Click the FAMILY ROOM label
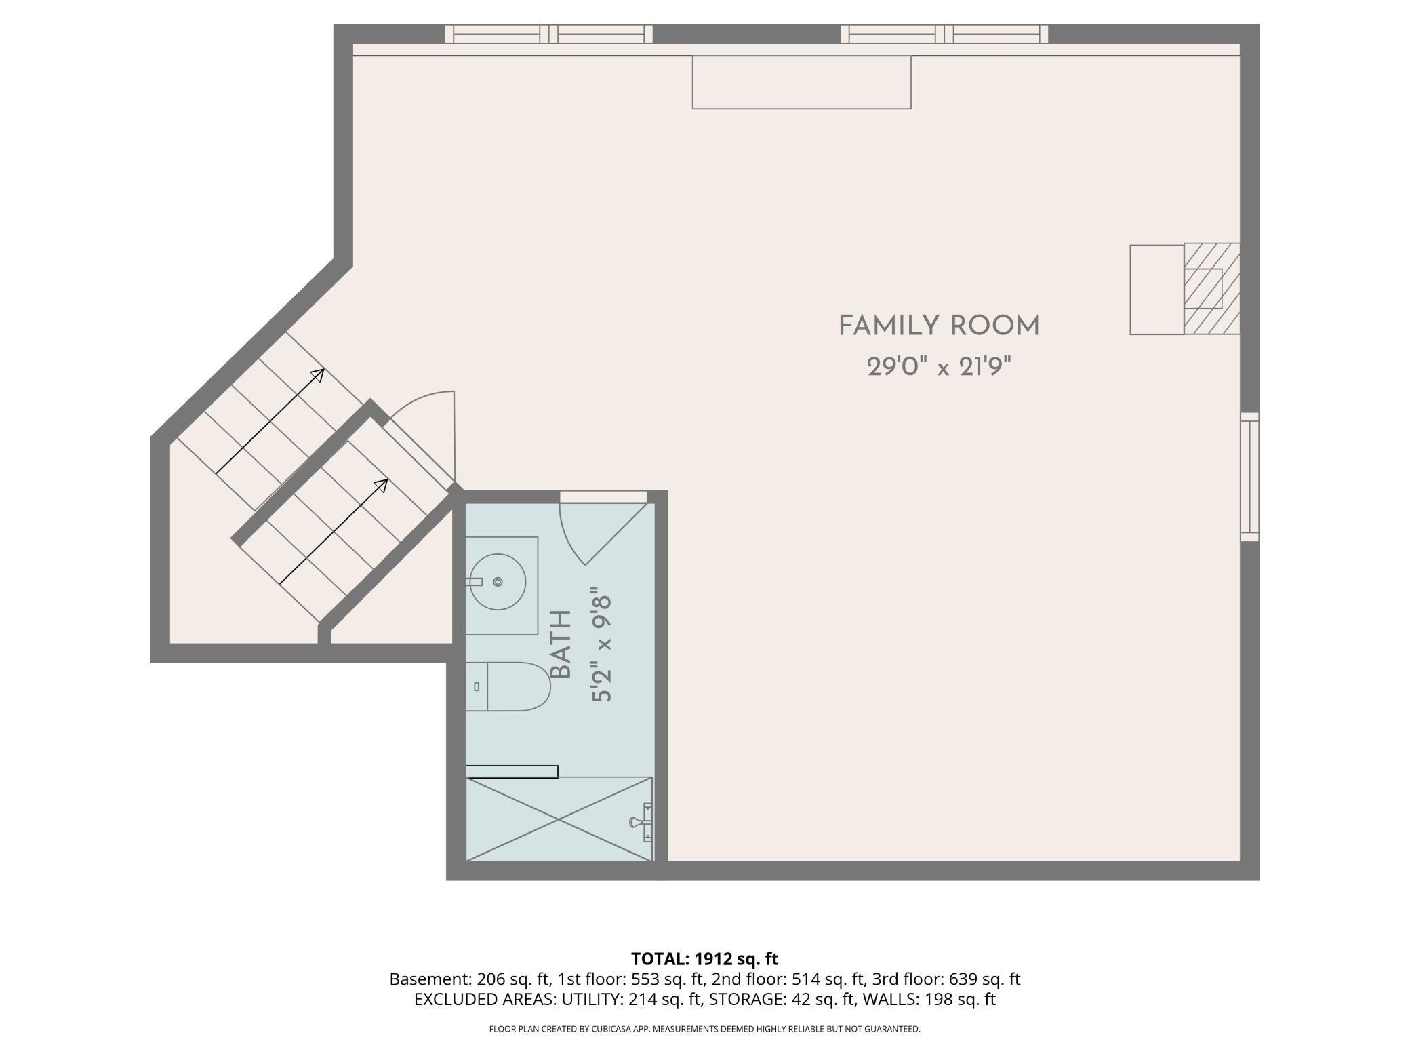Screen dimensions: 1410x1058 [x=939, y=326]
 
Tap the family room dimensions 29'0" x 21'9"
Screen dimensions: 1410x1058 [x=939, y=368]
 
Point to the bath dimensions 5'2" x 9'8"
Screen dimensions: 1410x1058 [x=602, y=645]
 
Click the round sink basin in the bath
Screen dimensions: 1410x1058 [x=498, y=582]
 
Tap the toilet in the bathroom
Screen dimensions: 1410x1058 [x=508, y=686]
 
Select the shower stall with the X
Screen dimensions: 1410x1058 [x=559, y=819]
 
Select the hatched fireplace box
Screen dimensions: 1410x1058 [x=1212, y=289]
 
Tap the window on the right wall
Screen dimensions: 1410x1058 [x=1249, y=477]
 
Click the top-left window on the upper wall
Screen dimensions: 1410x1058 [x=548, y=34]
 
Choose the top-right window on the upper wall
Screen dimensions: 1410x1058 [x=944, y=34]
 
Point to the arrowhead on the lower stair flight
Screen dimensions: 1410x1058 [x=382, y=486]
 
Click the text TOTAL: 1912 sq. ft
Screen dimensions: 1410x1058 [x=704, y=959]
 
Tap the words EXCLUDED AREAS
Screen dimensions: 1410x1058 [x=483, y=1000]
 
